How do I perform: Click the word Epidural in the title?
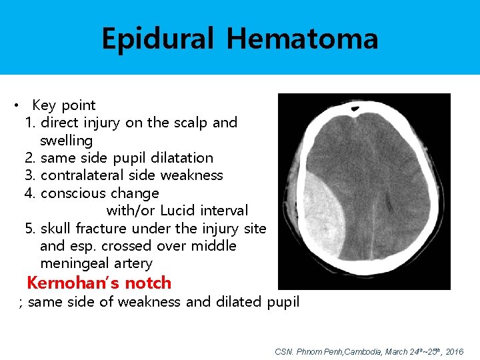pyautogui.click(x=158, y=39)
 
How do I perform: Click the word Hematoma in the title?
pyautogui.click(x=302, y=39)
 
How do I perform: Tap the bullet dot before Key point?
pyautogui.click(x=15, y=105)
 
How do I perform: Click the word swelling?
pyautogui.click(x=66, y=141)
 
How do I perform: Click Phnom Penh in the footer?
pyautogui.click(x=319, y=351)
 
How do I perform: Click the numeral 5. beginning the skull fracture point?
pyautogui.click(x=31, y=228)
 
